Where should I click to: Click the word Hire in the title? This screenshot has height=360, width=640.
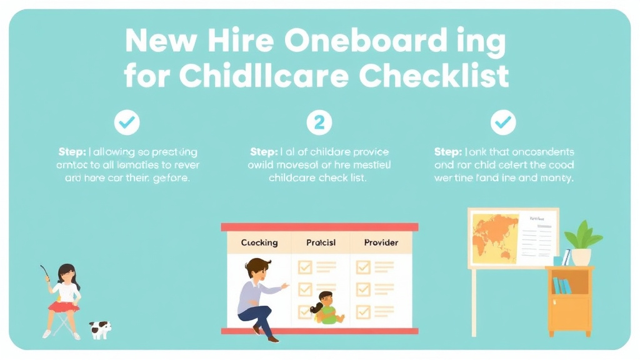pos(240,42)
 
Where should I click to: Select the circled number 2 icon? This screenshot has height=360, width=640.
pos(319,123)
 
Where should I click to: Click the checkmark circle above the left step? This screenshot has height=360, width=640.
pos(127,123)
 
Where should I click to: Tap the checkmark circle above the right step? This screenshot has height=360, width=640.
pos(502,123)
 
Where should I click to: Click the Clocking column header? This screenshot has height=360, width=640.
pos(259,242)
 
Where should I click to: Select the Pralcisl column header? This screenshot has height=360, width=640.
pos(321,242)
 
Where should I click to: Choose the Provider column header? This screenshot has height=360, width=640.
pos(381,242)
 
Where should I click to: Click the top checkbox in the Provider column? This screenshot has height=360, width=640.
pos(363,267)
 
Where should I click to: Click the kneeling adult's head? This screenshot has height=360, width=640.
pos(256,269)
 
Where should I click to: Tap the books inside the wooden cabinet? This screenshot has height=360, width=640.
pos(561,286)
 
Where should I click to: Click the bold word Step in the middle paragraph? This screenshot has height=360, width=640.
pos(262,152)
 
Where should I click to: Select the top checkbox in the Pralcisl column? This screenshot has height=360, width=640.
pos(304,267)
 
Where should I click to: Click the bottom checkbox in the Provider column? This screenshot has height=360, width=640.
pos(363,310)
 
